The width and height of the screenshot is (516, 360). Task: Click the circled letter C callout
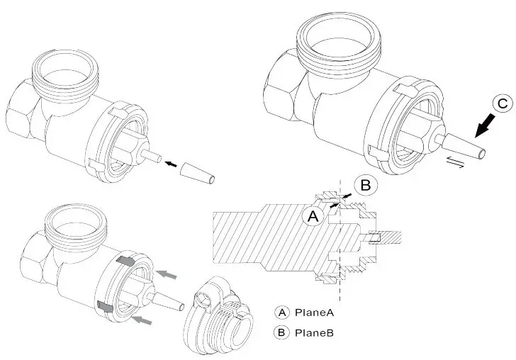point(501,104)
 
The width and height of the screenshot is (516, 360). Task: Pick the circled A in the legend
point(282,312)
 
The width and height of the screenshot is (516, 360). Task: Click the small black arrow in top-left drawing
point(171,164)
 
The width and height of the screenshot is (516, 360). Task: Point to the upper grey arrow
point(167,273)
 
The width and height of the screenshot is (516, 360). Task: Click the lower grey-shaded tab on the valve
point(105,307)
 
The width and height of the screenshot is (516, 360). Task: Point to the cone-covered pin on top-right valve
point(459,145)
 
